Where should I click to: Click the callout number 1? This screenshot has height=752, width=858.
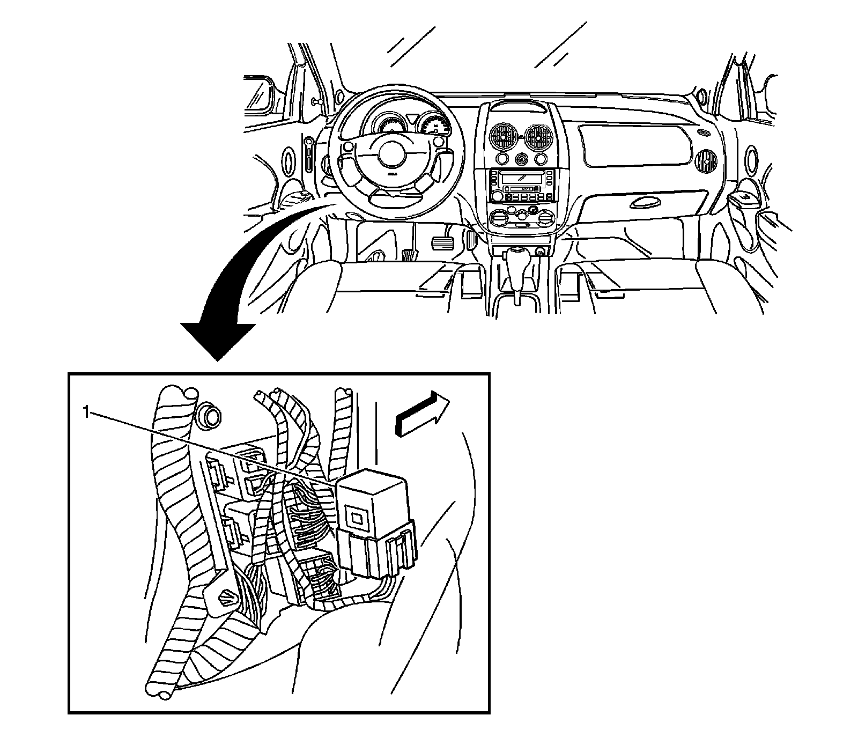tap(85, 412)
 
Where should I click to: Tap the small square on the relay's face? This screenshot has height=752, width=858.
tap(356, 517)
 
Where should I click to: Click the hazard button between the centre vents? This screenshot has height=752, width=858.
tap(521, 159)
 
